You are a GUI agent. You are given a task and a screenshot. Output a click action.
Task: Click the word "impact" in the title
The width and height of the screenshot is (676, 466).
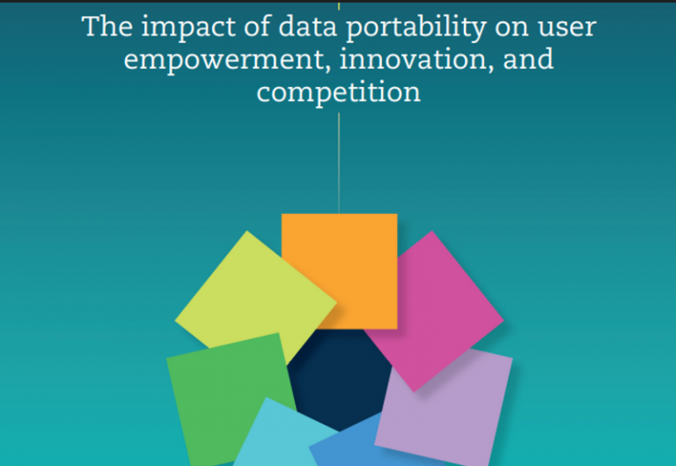pyautogui.click(x=188, y=28)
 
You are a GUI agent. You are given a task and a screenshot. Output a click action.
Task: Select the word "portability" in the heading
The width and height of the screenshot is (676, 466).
pyautogui.click(x=416, y=28)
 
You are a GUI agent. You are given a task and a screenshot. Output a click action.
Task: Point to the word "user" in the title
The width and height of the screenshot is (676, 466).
pyautogui.click(x=567, y=28)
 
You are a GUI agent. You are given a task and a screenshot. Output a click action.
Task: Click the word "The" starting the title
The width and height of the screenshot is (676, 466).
pyautogui.click(x=107, y=26)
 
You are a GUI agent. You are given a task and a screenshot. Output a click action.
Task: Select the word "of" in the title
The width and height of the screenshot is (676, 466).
pyautogui.click(x=256, y=26)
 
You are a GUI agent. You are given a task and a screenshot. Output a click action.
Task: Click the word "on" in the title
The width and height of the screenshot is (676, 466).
pyautogui.click(x=511, y=28)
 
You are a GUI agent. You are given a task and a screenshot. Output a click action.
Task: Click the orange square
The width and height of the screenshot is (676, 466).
pyautogui.click(x=339, y=271)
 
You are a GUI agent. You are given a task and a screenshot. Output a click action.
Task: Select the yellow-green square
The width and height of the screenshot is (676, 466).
pyautogui.click(x=255, y=298)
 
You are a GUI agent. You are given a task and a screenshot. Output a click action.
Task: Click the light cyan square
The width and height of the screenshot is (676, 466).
pyautogui.click(x=280, y=436)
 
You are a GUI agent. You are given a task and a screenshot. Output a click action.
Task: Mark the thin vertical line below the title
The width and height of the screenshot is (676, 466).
pyautogui.click(x=339, y=163)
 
